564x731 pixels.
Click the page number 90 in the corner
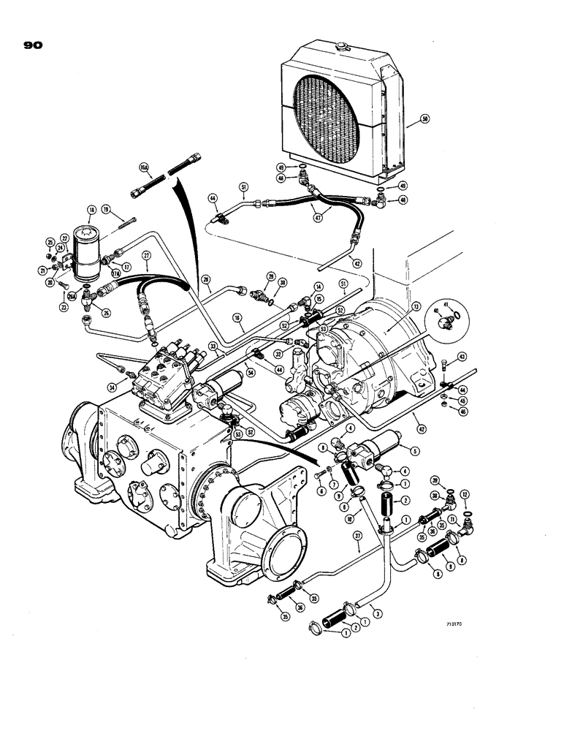coord(33,45)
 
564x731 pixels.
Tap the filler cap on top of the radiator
coord(340,47)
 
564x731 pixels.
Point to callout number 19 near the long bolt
coord(106,209)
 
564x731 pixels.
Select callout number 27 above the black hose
coord(146,257)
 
